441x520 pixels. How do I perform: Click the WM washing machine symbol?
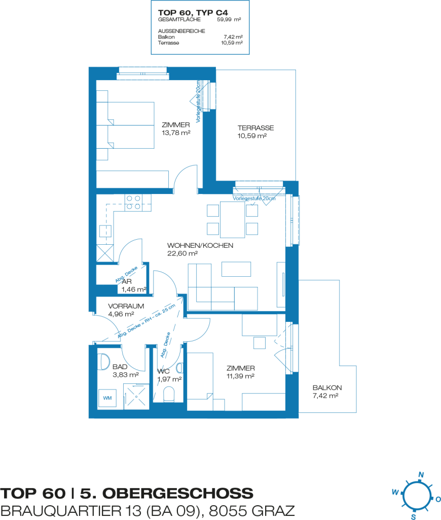coord(107,398)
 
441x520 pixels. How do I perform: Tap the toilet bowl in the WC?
coord(169,394)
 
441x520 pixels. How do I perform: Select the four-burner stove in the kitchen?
coord(133,203)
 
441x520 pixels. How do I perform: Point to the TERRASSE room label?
coord(255,127)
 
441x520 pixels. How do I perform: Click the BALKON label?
coord(327,387)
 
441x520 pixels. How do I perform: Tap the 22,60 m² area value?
coord(182,253)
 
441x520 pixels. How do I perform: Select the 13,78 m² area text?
coord(176,133)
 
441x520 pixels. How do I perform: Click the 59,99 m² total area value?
coord(229,20)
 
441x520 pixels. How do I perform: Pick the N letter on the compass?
coord(421,475)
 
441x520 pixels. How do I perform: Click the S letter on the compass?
coord(413,516)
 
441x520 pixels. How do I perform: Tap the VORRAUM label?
coord(126,306)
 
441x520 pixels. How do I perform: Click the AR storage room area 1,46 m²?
coord(134,289)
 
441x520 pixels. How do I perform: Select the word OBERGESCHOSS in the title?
coord(167,494)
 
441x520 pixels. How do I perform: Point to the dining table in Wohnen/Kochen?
coord(233,219)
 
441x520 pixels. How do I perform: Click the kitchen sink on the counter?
coord(105,231)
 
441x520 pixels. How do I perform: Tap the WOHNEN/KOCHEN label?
coord(200,245)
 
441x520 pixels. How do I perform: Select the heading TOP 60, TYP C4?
coord(193,13)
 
